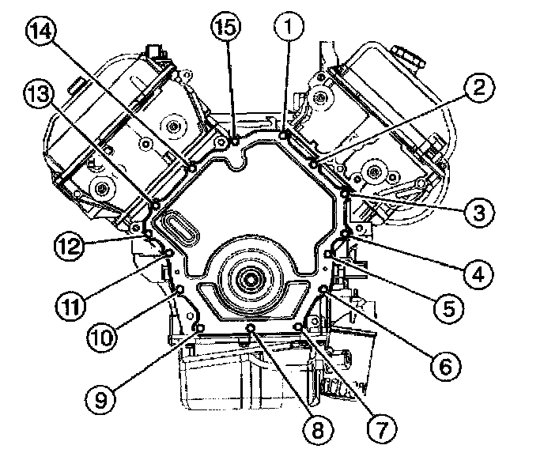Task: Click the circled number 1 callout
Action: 289,29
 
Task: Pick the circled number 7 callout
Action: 380,429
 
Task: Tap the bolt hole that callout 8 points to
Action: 251,327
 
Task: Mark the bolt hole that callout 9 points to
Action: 199,328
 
